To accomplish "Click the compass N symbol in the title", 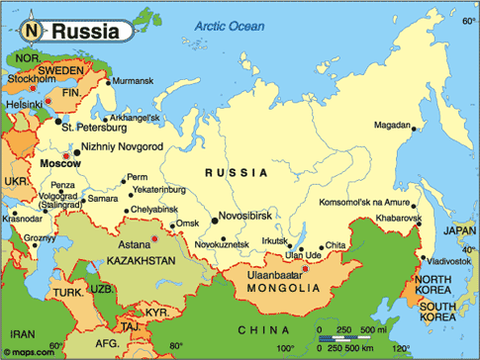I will [32, 31].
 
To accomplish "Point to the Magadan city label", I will [394, 125].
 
